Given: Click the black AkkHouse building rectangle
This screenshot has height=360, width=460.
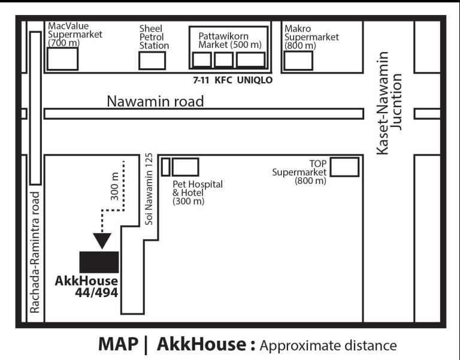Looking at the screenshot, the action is tap(99, 262).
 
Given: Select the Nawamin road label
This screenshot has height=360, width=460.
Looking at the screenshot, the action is tap(155, 101).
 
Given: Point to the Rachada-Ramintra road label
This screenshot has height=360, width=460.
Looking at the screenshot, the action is tap(35, 252).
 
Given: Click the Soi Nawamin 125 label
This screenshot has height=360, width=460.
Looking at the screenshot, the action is tap(149, 189).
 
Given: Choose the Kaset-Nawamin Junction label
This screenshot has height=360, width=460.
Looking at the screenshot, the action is tap(389, 102).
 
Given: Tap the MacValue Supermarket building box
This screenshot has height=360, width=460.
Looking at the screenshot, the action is tap(62, 59).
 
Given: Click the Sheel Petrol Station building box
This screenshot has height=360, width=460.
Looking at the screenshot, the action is tap(152, 60).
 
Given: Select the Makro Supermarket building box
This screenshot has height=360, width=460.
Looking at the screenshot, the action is tap(298, 60).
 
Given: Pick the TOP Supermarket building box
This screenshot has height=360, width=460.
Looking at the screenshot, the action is tap(344, 167).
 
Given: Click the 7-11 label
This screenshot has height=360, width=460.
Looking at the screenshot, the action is tap(201, 80).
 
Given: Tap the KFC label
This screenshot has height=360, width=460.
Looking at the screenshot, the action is tap(223, 80).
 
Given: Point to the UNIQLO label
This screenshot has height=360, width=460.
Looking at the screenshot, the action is tap(255, 80).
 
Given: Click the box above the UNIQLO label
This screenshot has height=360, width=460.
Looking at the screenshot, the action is tap(250, 60).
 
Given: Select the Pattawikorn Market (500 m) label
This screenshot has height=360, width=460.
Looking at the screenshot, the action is tap(230, 40).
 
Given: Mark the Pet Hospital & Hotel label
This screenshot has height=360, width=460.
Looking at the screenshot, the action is tap(198, 192).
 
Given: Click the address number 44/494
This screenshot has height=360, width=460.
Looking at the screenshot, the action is tap(96, 292).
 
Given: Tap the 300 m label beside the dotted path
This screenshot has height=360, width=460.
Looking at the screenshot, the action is tap(115, 186).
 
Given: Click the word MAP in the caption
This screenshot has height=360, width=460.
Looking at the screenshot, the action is tap(118, 344).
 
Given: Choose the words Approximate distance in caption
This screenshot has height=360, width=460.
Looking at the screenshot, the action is tap(328, 346).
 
